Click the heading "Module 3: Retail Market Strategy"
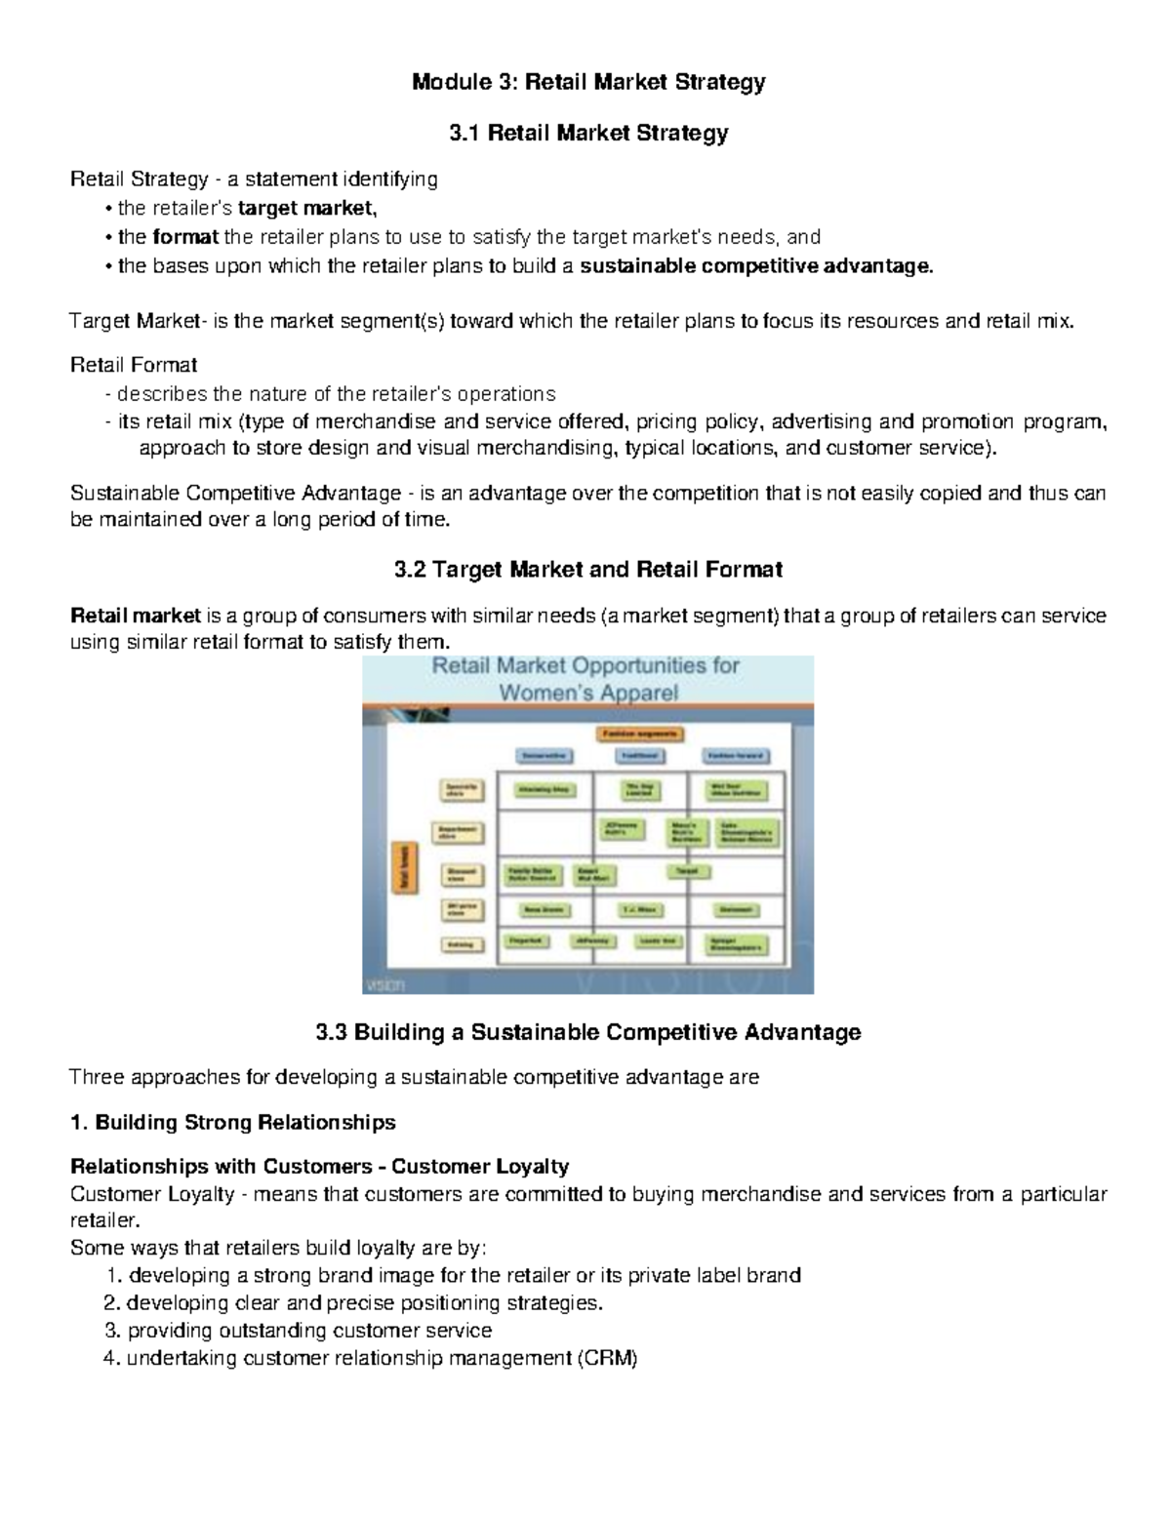(x=587, y=82)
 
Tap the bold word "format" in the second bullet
(x=185, y=236)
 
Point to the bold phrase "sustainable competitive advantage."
(x=756, y=265)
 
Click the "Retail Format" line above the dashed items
(x=134, y=365)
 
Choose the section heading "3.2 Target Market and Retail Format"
(x=587, y=569)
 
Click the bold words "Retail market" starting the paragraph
(x=136, y=616)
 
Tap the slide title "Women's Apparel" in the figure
(x=588, y=694)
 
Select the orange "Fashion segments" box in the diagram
(x=640, y=734)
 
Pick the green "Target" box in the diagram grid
(x=688, y=869)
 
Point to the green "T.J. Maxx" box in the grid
(x=640, y=910)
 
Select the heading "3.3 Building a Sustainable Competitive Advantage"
(x=587, y=1032)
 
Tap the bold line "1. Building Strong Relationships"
(x=233, y=1122)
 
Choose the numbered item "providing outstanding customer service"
(x=309, y=1330)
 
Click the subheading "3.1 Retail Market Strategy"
(x=587, y=133)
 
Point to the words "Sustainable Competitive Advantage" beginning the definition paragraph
(x=235, y=493)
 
